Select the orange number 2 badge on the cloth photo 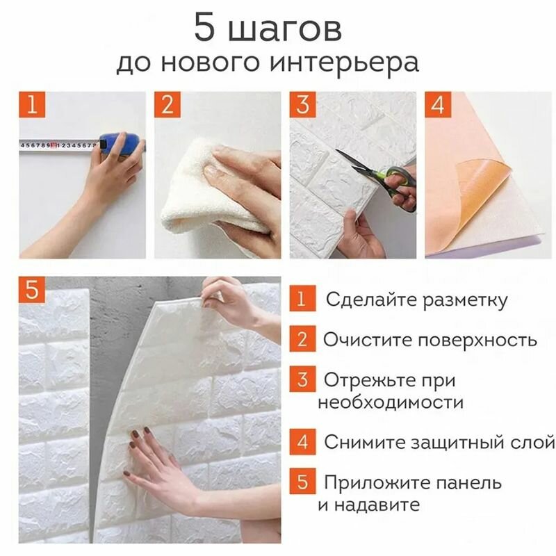167,106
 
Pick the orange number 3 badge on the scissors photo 302,106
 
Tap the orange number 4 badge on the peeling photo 438,106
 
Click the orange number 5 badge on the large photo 32,290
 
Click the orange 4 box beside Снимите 302,441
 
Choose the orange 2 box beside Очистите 302,340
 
